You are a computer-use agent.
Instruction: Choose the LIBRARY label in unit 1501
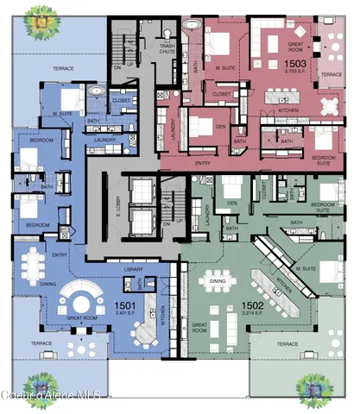[133, 271]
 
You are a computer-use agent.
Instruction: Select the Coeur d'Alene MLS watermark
[52, 394]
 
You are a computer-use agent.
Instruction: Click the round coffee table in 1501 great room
[75, 304]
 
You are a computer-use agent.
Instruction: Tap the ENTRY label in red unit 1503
[204, 162]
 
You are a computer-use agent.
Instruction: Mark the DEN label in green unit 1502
[231, 204]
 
